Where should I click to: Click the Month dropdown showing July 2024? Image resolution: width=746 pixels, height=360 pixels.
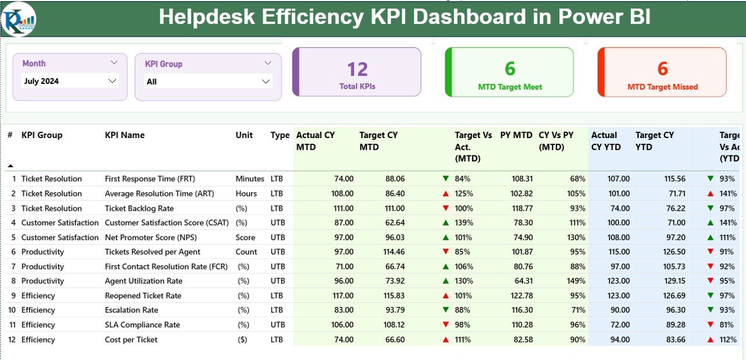[x=70, y=81]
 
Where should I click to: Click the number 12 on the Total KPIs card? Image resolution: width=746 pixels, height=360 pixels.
[x=357, y=69]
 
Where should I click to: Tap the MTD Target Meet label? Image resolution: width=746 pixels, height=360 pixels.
[x=510, y=87]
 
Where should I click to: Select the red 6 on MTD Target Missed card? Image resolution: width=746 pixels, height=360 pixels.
[x=663, y=69]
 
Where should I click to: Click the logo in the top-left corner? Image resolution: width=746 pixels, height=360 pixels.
[x=19, y=19]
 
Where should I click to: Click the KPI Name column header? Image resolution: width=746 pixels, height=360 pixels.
[x=125, y=135]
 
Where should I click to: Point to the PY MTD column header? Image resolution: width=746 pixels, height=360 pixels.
[x=516, y=135]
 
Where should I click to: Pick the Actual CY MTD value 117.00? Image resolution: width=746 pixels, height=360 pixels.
[x=341, y=295]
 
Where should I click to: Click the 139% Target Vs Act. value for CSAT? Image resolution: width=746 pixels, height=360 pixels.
[x=464, y=223]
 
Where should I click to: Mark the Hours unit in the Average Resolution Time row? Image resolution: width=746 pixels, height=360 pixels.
[x=246, y=193]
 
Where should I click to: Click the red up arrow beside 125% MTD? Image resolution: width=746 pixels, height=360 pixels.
[x=446, y=193]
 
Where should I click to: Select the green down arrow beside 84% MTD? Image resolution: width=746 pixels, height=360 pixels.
[x=446, y=179]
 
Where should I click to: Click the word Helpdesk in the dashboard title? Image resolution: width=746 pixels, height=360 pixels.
[x=207, y=17]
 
